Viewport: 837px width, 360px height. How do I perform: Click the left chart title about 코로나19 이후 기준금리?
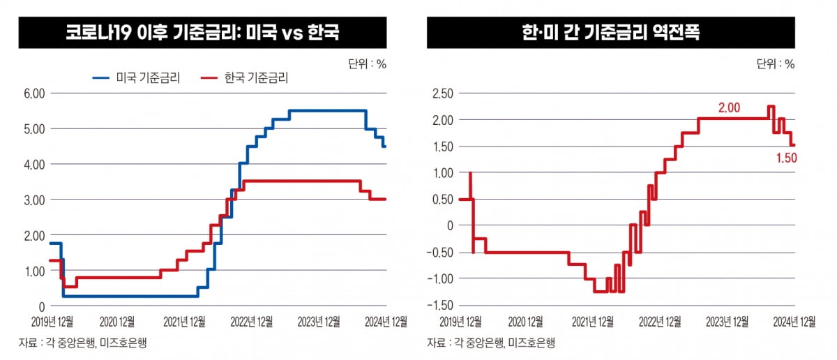click(202, 33)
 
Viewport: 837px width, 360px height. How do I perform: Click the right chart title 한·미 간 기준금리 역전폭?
click(610, 33)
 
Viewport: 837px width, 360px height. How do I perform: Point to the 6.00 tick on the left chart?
click(34, 93)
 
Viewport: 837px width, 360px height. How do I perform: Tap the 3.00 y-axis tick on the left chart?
click(34, 200)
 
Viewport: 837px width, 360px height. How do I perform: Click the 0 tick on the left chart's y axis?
click(41, 306)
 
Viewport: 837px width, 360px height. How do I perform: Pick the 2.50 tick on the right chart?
click(443, 93)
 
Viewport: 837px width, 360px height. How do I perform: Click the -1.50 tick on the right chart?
click(441, 306)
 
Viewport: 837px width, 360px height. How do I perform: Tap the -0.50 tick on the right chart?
click(441, 253)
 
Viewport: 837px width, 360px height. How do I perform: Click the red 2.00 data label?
click(729, 107)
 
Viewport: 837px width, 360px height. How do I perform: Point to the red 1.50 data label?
click(786, 158)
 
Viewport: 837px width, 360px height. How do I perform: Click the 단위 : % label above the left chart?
click(367, 64)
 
